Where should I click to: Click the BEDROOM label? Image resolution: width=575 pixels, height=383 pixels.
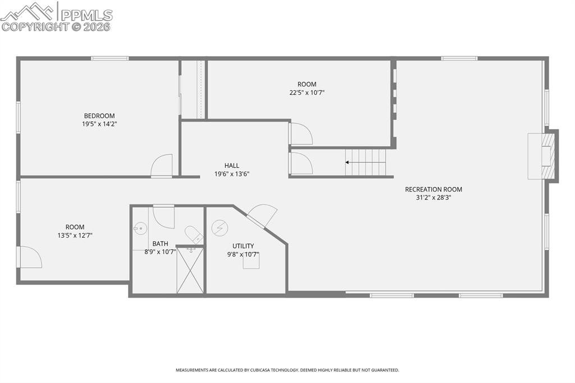tap(99, 116)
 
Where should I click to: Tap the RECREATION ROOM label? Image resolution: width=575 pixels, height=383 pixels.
tap(433, 189)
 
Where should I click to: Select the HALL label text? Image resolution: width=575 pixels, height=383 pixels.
tap(231, 166)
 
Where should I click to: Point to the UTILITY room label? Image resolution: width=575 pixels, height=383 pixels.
tap(243, 246)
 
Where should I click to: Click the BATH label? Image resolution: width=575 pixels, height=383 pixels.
tap(160, 244)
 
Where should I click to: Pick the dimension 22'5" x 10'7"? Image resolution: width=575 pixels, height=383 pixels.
tap(307, 93)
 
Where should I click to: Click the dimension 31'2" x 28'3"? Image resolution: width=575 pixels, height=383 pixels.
tap(433, 198)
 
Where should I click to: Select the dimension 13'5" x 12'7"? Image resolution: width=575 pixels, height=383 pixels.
tap(75, 236)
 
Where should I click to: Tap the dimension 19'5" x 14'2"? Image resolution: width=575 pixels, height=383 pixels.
tap(99, 124)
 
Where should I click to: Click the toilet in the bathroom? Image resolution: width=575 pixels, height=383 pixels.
tap(194, 234)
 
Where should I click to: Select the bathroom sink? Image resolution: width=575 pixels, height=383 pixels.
tap(140, 228)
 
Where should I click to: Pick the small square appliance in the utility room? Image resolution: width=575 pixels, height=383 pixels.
tap(251, 262)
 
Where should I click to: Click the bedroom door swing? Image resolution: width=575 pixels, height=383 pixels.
tap(162, 166)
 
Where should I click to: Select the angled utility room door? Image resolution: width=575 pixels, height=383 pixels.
tap(262, 216)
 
